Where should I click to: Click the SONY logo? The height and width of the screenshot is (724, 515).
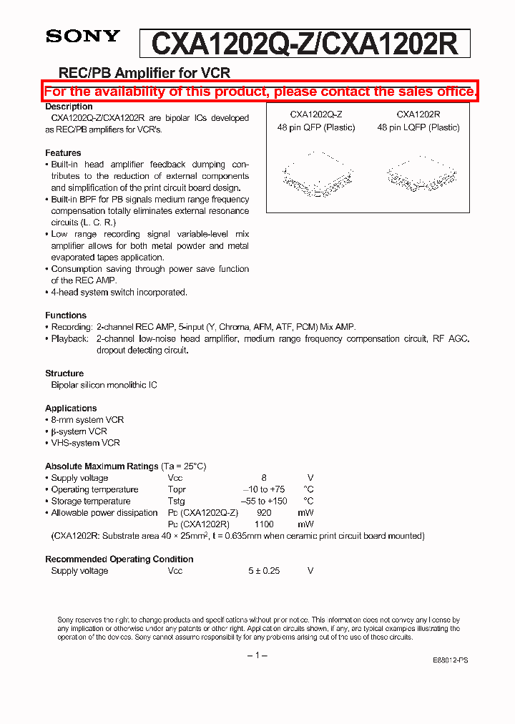83,36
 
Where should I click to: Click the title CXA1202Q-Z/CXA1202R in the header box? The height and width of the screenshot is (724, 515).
304,44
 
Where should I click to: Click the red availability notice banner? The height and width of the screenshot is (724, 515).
260,92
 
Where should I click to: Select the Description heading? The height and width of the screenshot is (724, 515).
69,107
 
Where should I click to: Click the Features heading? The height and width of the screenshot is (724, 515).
63,153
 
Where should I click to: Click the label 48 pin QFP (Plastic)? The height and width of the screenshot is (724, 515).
315,127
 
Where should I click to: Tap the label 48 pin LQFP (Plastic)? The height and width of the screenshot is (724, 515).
418,127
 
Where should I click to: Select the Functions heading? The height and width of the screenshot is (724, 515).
66,315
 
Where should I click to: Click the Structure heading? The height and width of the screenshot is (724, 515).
64,373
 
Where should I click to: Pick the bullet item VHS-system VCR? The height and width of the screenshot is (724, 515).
85,443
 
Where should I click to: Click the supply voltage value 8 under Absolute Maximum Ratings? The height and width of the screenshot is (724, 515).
264,478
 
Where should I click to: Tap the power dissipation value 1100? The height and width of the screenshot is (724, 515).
264,524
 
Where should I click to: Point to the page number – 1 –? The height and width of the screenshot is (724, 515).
257,655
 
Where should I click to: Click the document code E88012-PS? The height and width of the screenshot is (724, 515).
451,662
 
